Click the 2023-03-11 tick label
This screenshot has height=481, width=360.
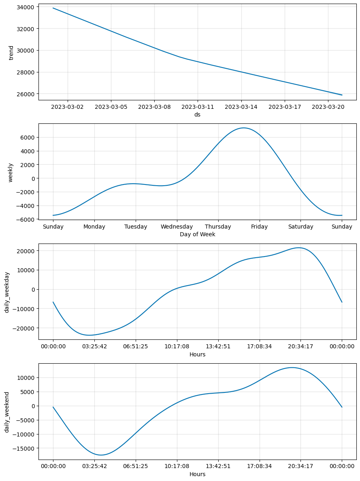[x=198, y=107]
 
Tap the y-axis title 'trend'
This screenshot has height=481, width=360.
[x=11, y=53]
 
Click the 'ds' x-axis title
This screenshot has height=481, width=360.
[x=197, y=114]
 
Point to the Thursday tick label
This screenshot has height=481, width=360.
[x=218, y=227]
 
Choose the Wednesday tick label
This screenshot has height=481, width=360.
[x=177, y=227]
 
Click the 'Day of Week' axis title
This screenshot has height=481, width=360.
[x=197, y=234]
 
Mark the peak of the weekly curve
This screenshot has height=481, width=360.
[x=243, y=128]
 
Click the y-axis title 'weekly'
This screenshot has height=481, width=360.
[x=11, y=173]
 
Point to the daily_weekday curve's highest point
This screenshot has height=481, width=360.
[x=298, y=248]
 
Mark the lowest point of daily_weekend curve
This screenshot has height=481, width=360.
[x=101, y=455]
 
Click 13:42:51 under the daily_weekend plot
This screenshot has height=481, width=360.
[x=218, y=466]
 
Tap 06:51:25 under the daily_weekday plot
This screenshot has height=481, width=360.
[x=136, y=346]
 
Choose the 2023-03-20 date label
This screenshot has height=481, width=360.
[x=328, y=107]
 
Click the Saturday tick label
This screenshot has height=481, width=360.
[x=300, y=227]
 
